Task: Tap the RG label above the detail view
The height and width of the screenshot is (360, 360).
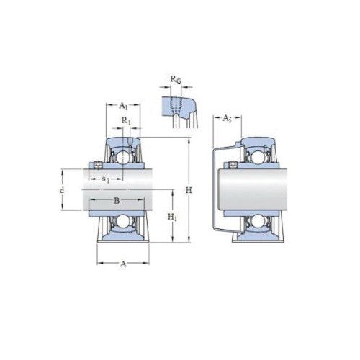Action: click(x=175, y=81)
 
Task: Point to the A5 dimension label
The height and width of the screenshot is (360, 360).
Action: click(x=226, y=117)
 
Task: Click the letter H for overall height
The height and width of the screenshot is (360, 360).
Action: click(x=189, y=190)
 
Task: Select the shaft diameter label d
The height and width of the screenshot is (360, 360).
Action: click(x=62, y=190)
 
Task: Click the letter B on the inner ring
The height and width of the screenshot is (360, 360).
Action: click(x=116, y=201)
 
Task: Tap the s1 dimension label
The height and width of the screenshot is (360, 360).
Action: click(x=106, y=178)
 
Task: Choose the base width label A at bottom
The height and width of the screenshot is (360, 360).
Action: click(x=122, y=264)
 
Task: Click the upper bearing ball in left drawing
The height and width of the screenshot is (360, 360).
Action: click(x=122, y=156)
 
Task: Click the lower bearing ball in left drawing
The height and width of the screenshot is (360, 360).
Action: click(x=122, y=222)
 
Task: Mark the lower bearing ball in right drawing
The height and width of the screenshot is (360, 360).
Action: click(x=256, y=222)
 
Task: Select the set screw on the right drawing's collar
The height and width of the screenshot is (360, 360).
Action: click(x=235, y=167)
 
